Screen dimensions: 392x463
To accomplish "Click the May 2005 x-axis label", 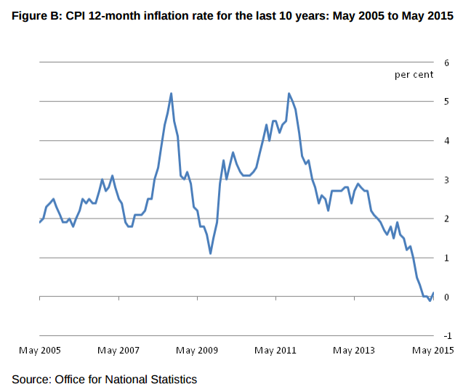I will pyautogui.click(x=39, y=351).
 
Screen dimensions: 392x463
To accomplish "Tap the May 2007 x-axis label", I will pyautogui.click(x=118, y=351).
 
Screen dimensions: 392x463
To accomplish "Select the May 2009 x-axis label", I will pyautogui.click(x=197, y=351).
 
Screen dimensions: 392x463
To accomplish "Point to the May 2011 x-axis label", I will pyautogui.click(x=275, y=351).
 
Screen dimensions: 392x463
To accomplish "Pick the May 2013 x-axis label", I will pyautogui.click(x=354, y=351).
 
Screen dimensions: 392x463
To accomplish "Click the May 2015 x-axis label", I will pyautogui.click(x=433, y=351).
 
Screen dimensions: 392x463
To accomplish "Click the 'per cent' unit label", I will pyautogui.click(x=414, y=74).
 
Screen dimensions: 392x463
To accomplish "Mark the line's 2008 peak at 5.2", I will pyautogui.click(x=171, y=94).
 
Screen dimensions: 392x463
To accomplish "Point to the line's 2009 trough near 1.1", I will pyautogui.click(x=210, y=253).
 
